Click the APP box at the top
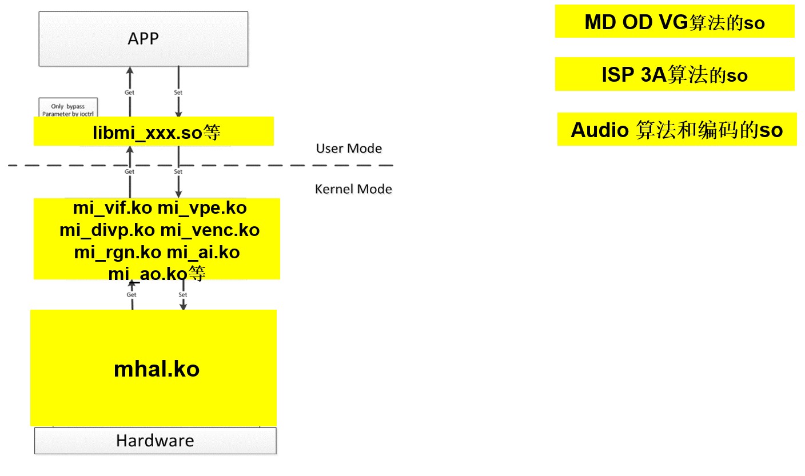(x=143, y=39)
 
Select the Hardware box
(x=155, y=441)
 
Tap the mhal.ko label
(x=157, y=369)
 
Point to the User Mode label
(x=349, y=149)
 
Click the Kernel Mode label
(x=353, y=189)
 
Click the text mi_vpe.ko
(x=202, y=207)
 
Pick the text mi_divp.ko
(x=107, y=230)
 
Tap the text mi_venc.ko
(x=209, y=230)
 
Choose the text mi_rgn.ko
(x=117, y=253)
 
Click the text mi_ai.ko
(x=203, y=253)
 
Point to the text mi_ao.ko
(x=148, y=274)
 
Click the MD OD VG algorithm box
(x=675, y=22)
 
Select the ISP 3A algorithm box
(x=675, y=75)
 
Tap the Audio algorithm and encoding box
(x=676, y=130)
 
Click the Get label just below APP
(x=129, y=92)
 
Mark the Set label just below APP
(x=178, y=92)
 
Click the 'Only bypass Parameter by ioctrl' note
(x=67, y=109)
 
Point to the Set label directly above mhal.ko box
(x=183, y=295)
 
